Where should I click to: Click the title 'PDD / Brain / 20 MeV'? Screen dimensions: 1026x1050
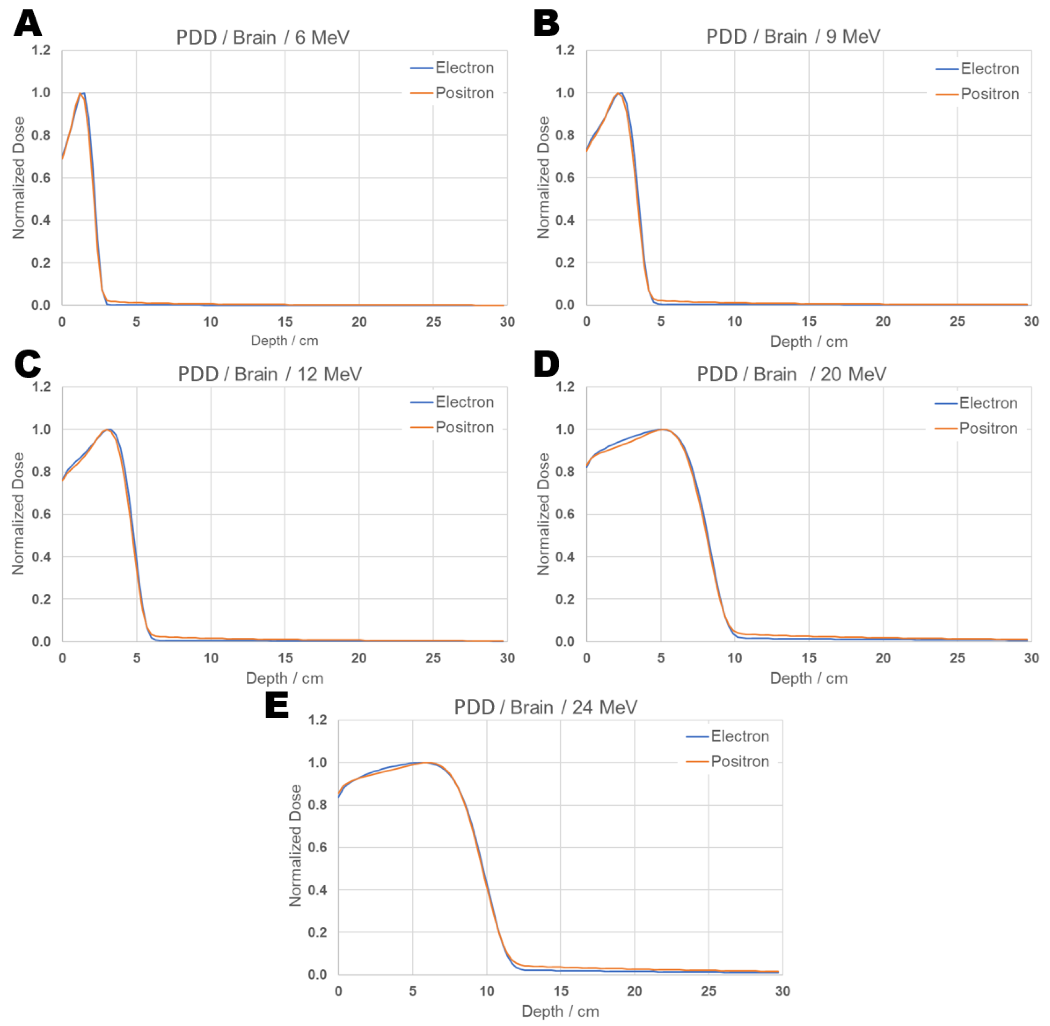pyautogui.click(x=791, y=374)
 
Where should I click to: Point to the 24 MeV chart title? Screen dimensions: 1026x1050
pyautogui.click(x=545, y=707)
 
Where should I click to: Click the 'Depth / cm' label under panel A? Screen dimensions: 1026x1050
pyautogui.click(x=284, y=340)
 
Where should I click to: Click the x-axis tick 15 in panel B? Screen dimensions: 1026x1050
pyautogui.click(x=809, y=322)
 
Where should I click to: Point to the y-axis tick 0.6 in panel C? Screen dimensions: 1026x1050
pyautogui.click(x=41, y=514)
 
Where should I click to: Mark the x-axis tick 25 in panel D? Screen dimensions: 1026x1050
pyautogui.click(x=957, y=658)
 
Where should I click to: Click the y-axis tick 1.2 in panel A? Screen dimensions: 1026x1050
pyautogui.click(x=41, y=51)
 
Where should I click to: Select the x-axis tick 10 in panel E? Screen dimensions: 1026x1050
pyautogui.click(x=486, y=991)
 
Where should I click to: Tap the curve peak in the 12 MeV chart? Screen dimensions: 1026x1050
pyautogui.click(x=108, y=430)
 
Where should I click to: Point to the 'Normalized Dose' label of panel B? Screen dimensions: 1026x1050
pyautogui.click(x=543, y=177)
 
